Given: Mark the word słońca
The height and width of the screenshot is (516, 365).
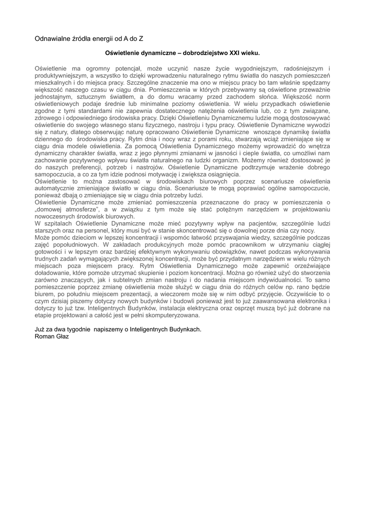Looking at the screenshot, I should click(x=247, y=96).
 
